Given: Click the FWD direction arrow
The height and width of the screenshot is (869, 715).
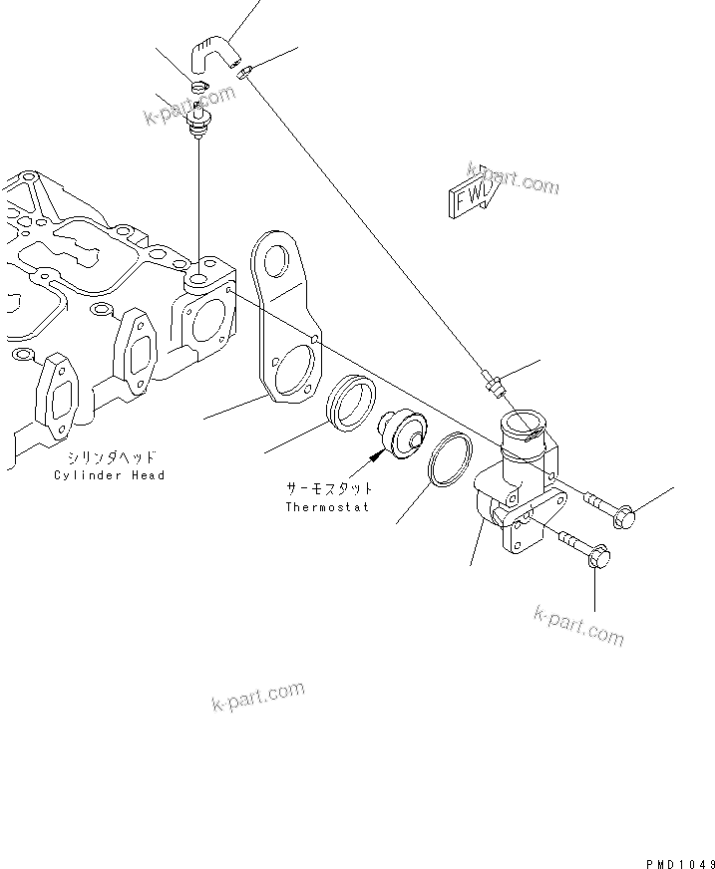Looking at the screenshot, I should (467, 198).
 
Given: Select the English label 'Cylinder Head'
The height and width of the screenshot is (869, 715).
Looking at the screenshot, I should (110, 475).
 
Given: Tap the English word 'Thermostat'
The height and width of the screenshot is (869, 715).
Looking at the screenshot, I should (327, 507).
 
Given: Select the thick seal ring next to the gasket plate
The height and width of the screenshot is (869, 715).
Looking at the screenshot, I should (348, 405).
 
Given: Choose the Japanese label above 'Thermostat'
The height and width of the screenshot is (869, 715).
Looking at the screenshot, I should (330, 489).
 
